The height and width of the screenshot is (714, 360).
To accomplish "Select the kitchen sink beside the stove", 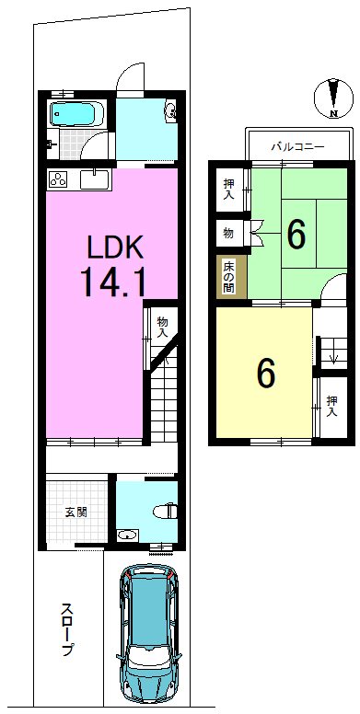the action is pos(95,178).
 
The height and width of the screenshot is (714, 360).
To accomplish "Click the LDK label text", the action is pos(116,249).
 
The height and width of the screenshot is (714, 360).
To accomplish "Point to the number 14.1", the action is pos(113,282).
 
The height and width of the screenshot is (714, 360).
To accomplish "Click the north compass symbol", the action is pos(334,98).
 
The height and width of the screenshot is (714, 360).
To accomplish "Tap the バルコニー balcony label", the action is pos(297,146).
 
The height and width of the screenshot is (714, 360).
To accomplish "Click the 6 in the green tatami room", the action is pos(296,235).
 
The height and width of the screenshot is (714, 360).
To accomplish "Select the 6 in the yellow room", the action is pos(266,373).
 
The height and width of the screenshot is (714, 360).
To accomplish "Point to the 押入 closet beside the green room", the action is pos(229,189).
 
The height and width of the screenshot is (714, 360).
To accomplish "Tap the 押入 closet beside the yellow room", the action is pos(331,406).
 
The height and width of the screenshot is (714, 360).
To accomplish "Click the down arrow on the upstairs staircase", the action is pos(334,356).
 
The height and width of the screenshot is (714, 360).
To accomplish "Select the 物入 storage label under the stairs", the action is pos(163,327).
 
